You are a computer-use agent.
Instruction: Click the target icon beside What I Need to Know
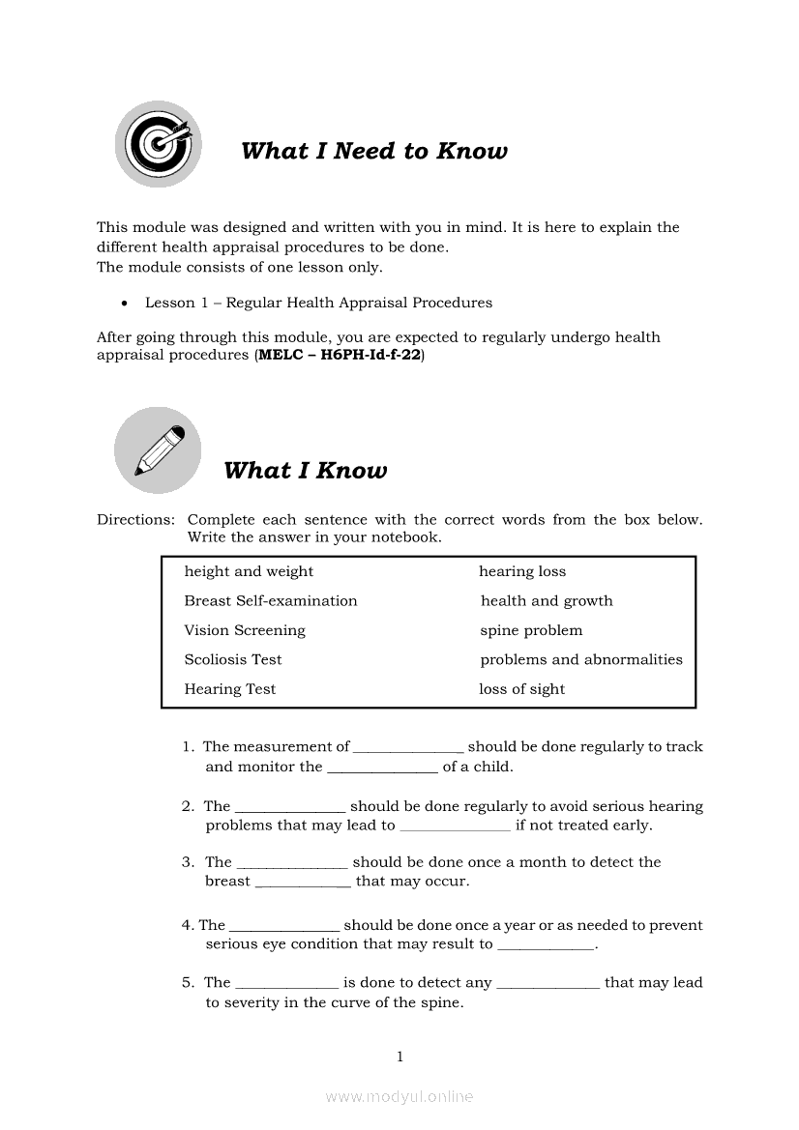158,145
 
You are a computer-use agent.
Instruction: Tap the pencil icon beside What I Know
158,450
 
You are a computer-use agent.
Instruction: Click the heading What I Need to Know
373,151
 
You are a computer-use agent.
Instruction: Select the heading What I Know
305,471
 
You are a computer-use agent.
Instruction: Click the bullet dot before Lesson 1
125,304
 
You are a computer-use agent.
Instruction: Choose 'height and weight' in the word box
249,571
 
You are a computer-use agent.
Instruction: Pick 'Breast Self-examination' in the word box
271,601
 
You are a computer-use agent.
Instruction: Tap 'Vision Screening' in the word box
245,630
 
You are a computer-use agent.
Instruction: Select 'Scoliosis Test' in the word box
233,660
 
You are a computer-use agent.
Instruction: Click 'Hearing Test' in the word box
230,689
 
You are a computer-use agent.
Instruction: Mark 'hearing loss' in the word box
522,571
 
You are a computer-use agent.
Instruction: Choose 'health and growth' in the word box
547,601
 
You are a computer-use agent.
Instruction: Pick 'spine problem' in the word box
531,630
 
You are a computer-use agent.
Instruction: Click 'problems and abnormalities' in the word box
581,660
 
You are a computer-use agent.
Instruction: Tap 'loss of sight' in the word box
521,689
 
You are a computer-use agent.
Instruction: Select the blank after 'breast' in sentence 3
303,884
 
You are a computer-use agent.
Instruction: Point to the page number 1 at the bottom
399,1057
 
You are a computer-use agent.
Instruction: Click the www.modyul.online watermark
399,1096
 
